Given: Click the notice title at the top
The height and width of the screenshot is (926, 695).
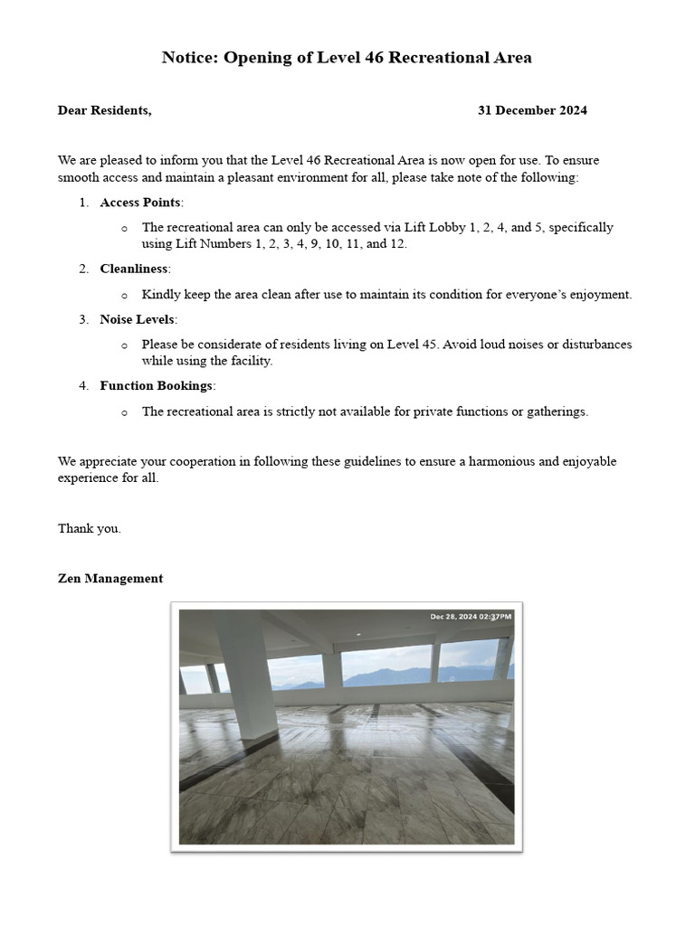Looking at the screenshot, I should [x=347, y=58].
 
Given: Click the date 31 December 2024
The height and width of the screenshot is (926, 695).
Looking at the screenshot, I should [x=532, y=110].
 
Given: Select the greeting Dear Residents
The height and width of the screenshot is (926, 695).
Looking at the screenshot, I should [x=104, y=110].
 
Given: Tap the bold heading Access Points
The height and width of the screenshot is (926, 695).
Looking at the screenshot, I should [x=140, y=202].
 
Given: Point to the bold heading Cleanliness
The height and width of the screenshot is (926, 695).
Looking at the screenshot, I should [x=134, y=269].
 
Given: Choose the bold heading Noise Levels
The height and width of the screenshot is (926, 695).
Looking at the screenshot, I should [x=138, y=319].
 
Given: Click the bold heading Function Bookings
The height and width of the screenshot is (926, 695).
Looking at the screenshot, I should [x=156, y=386].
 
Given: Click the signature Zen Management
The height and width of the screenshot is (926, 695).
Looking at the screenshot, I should [x=110, y=579].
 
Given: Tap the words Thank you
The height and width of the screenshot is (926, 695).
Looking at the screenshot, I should [x=89, y=529].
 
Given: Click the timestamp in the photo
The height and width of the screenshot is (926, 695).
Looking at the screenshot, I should [x=471, y=617].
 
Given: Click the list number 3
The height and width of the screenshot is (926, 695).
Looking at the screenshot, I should [x=83, y=319].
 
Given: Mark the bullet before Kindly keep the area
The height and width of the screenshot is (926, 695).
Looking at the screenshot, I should [x=124, y=295].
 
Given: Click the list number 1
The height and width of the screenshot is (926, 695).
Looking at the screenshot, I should [x=83, y=202].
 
